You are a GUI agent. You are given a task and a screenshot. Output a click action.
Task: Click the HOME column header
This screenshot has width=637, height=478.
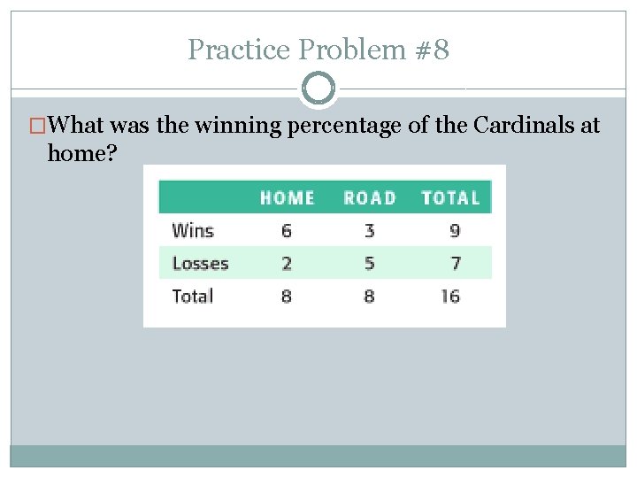(287, 197)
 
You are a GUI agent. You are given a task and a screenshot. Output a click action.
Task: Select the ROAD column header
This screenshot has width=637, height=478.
(369, 197)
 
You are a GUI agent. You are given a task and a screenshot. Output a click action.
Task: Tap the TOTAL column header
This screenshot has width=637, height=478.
(450, 197)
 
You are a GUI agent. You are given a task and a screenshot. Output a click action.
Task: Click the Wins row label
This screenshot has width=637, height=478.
(193, 231)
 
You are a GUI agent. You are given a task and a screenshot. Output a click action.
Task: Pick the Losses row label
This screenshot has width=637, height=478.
(200, 263)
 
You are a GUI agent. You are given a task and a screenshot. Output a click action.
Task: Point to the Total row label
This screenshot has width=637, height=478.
(193, 296)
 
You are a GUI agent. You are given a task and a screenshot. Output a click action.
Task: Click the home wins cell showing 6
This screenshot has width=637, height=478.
(287, 231)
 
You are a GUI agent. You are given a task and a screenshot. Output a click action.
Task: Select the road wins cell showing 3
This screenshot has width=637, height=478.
(369, 231)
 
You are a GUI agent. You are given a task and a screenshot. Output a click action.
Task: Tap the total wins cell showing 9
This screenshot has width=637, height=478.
(454, 231)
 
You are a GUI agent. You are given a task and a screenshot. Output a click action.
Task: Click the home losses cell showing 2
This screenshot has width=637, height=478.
(287, 263)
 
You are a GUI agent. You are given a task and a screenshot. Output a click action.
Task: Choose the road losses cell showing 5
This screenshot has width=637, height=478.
(369, 263)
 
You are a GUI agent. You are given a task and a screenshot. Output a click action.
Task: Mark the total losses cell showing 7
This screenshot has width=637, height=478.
(454, 263)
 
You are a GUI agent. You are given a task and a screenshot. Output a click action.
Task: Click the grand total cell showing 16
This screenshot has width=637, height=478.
(450, 296)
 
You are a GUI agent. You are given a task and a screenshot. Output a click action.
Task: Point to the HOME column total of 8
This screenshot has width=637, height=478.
(287, 296)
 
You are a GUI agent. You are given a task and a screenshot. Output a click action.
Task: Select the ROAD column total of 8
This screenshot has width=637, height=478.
(369, 296)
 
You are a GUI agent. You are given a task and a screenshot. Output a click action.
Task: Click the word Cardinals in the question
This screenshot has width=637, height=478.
(524, 126)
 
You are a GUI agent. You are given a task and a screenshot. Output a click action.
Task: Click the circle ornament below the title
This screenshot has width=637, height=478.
(318, 89)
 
